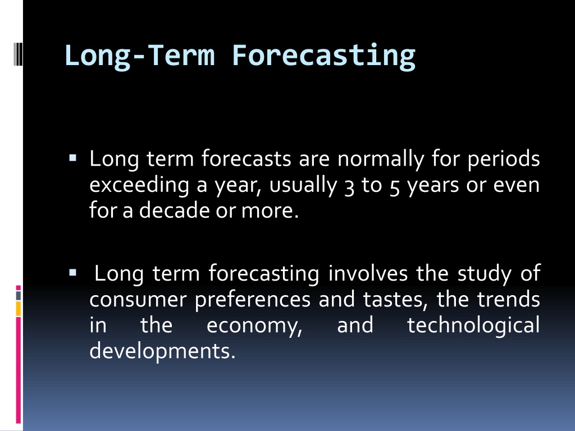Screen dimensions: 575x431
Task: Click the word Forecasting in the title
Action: pos(324,56)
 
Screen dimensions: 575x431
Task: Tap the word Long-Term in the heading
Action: pos(139,56)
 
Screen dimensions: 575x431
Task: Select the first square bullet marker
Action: pos(72,158)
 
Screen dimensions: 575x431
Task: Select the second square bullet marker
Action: pos(72,273)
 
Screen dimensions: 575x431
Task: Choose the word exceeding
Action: pos(139,185)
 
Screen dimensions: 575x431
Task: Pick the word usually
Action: pos(303,185)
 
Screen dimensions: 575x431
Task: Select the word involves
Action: pos(368,273)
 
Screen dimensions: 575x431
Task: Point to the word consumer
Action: pos(138,300)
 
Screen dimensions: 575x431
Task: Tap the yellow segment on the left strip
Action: pos(19,309)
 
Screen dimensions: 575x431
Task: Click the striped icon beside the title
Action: pos(19,54)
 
